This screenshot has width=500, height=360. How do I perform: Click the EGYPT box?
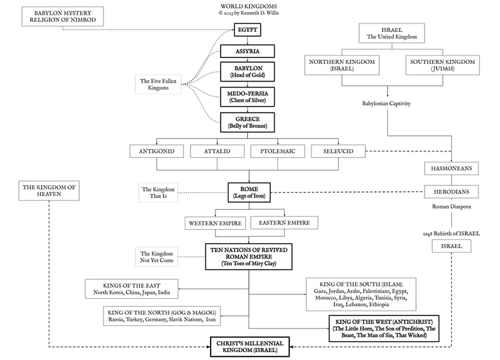point(247,29)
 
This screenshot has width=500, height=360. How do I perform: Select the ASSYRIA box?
point(247,51)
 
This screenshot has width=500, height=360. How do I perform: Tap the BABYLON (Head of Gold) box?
point(247,72)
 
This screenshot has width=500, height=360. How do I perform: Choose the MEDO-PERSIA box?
point(247,97)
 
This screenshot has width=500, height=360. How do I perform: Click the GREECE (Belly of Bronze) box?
point(247,123)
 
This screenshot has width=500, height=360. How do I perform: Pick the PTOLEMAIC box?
point(278,151)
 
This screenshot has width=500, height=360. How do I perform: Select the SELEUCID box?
point(338,151)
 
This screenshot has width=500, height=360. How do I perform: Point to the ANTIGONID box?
point(157,151)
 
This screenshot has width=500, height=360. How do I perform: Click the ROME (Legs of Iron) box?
point(249,193)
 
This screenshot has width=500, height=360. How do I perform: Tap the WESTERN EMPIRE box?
point(215,223)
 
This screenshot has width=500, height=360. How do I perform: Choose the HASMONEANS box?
point(451,169)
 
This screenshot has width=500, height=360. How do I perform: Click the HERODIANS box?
point(451,191)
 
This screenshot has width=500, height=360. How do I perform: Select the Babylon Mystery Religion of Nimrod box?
point(63,16)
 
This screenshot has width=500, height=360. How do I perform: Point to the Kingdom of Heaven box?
point(49,191)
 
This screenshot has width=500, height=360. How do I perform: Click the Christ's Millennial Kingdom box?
point(250,347)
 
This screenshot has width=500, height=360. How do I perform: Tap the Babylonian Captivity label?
point(386,103)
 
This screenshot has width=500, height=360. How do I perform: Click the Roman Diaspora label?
point(451,207)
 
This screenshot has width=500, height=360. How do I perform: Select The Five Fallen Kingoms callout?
point(158,85)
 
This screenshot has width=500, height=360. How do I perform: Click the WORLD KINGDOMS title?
point(249,6)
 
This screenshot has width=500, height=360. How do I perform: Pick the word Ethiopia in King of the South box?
point(379,305)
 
